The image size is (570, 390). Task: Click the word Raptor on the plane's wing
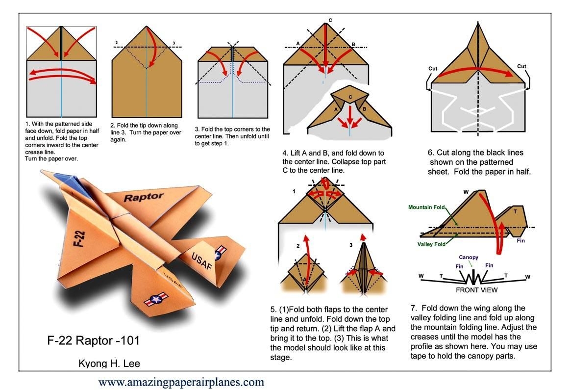[143, 197]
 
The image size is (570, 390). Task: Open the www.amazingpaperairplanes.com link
[181, 382]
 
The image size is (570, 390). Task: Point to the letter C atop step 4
[330, 20]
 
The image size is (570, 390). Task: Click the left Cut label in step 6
[432, 69]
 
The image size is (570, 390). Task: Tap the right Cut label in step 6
[521, 67]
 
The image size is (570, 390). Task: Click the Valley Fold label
[431, 244]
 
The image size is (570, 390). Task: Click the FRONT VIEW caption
[476, 290]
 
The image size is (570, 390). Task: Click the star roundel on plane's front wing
[157, 299]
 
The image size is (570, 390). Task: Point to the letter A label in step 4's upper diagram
[297, 44]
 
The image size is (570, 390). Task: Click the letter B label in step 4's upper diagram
[353, 44]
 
